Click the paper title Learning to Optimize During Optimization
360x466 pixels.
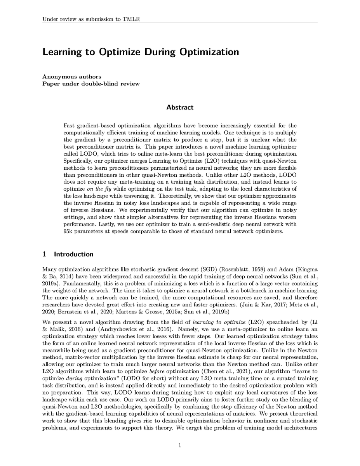pos(141,52)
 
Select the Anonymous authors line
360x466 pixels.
pos(71,77)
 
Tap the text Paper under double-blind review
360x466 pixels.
pos(91,83)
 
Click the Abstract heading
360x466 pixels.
pos(180,107)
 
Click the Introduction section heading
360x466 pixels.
pos(73,254)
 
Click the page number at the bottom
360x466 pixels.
pos(180,446)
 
